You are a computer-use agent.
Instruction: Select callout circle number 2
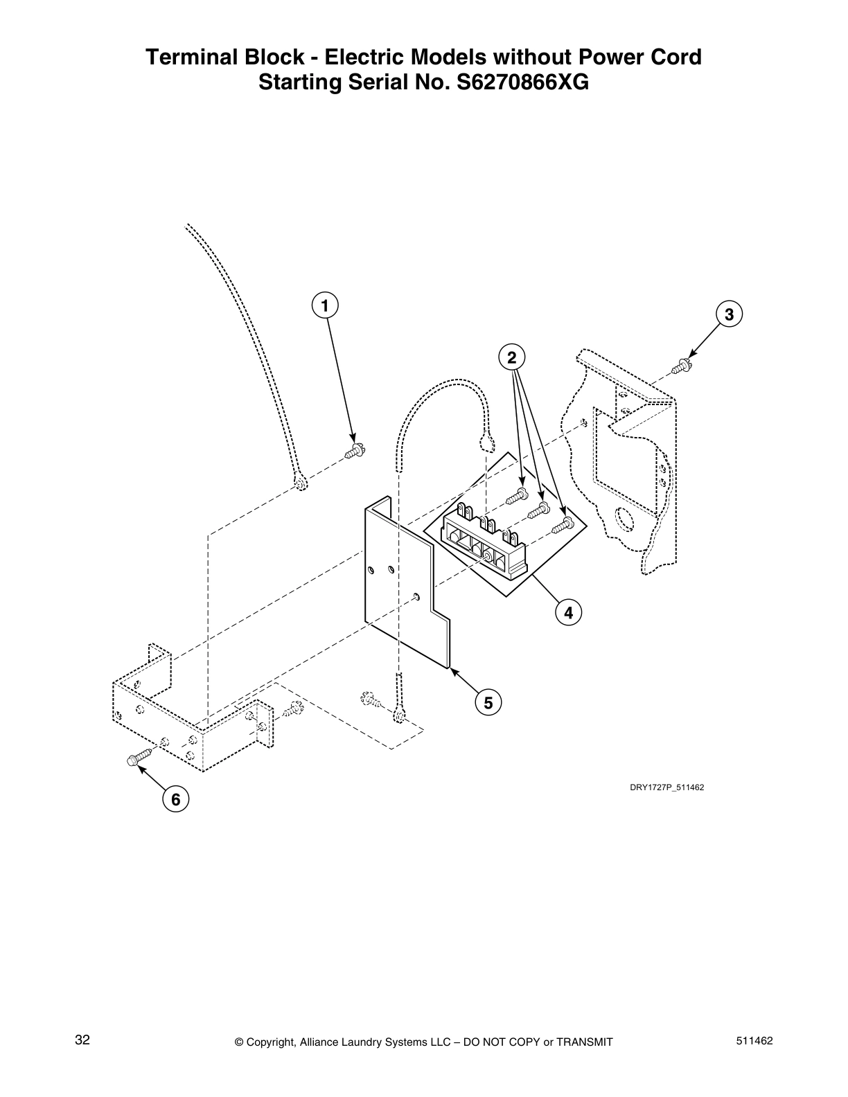click(x=511, y=357)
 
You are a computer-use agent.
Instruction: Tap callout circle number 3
click(x=728, y=314)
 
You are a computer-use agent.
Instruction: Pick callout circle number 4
click(x=568, y=612)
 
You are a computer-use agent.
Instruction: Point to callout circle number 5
click(x=488, y=702)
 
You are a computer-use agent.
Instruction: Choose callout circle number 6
click(x=175, y=800)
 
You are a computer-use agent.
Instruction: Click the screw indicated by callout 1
click(x=355, y=452)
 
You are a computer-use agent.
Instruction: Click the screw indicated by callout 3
click(x=685, y=364)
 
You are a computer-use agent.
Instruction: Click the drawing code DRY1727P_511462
click(x=666, y=787)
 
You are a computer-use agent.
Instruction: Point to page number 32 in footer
click(x=82, y=1040)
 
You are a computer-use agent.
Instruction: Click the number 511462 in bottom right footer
click(x=755, y=1041)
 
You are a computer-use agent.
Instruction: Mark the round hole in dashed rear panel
click(x=621, y=518)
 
